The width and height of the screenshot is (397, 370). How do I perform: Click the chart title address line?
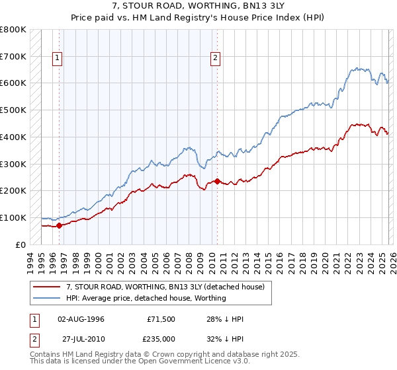coord(198,5)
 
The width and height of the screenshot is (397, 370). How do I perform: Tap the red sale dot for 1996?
coord(59,225)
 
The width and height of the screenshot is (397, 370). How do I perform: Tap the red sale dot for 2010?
coord(217,180)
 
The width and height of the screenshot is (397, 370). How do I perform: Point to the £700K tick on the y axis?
coord(13,57)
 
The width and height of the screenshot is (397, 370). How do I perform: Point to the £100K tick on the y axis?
coord(13,217)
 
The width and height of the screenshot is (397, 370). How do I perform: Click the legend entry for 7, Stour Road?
coord(165,287)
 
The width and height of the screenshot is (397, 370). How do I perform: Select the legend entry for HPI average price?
coord(146,298)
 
